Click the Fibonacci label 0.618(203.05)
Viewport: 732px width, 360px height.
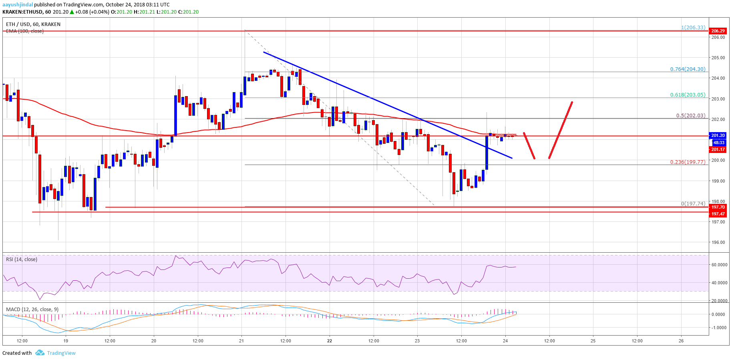click(x=688, y=95)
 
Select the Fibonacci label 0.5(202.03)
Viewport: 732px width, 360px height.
click(x=690, y=115)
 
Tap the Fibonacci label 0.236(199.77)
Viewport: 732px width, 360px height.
click(x=688, y=162)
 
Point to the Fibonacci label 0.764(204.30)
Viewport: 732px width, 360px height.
click(x=688, y=69)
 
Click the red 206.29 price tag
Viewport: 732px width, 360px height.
click(x=718, y=31)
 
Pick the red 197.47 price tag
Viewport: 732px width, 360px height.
click(x=718, y=214)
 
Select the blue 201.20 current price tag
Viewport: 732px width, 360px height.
click(x=718, y=135)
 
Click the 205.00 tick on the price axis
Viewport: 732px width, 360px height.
click(x=718, y=58)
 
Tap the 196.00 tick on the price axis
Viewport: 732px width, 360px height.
click(x=718, y=242)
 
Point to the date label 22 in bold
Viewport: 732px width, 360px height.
click(x=330, y=341)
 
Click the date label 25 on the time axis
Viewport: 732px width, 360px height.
click(x=593, y=341)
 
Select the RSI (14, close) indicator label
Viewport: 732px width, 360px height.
click(x=22, y=259)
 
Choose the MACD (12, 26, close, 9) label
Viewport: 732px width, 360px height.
click(x=32, y=309)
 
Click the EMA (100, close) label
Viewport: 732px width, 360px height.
click(x=25, y=31)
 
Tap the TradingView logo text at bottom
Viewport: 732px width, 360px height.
click(x=61, y=353)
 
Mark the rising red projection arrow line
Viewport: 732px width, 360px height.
click(x=561, y=130)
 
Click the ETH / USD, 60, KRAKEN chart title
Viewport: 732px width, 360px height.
click(x=33, y=24)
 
